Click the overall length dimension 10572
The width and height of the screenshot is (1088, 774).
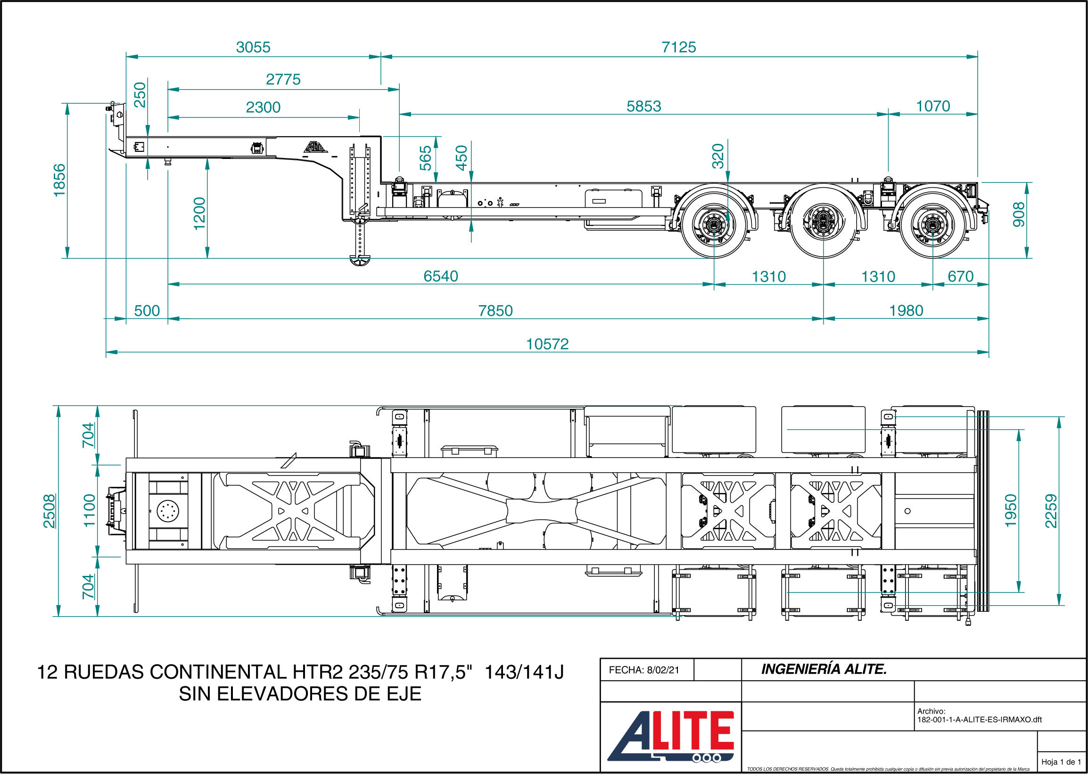point(547,344)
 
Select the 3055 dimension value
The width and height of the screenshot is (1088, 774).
point(253,47)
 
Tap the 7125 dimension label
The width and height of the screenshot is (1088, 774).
point(679,47)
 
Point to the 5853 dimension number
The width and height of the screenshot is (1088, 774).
point(643,106)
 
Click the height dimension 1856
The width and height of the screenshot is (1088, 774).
point(59,180)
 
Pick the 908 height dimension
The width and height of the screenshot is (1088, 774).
point(1018,215)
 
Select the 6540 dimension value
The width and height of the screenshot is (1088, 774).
point(441,276)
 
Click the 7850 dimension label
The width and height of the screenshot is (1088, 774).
point(495,310)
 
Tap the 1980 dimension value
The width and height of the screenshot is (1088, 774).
point(906,310)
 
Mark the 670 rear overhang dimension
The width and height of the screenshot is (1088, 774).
point(960,276)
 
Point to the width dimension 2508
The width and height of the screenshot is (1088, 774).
point(49,511)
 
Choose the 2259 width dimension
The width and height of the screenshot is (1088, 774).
point(1051,511)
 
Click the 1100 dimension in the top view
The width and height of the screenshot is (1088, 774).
point(90,511)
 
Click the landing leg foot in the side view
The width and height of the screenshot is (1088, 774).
point(360,260)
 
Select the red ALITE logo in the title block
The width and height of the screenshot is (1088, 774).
point(671,736)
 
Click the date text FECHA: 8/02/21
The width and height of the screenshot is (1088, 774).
point(644,670)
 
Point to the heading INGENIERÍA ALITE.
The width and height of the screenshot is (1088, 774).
point(824,669)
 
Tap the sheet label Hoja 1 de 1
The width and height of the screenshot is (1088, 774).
point(1061,762)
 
